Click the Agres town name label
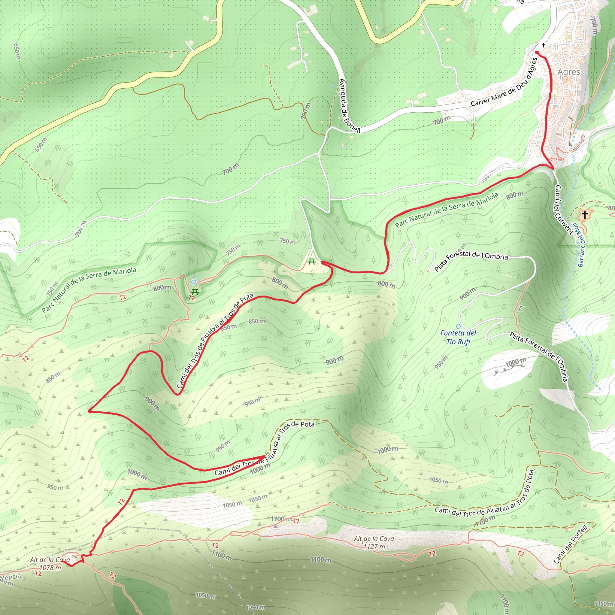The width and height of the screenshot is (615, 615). tap(569, 72)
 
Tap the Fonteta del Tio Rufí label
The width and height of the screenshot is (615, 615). tap(458, 338)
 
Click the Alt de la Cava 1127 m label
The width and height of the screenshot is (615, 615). tap(374, 542)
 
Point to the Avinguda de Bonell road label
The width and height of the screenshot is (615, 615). tap(349, 106)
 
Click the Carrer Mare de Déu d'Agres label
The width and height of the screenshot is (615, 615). tap(504, 83)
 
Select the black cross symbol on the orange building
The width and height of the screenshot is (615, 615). tap(584, 215)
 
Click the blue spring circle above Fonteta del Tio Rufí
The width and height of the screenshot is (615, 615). tap(458, 326)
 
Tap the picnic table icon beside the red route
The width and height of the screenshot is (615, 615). tap(312, 262)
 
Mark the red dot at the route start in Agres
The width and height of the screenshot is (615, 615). tap(537, 52)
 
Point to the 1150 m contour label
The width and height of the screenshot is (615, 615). tap(603, 604)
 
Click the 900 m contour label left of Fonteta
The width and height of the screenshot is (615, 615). tap(467, 294)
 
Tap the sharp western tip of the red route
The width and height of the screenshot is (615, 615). tap(89, 412)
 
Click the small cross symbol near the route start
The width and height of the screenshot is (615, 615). tap(543, 45)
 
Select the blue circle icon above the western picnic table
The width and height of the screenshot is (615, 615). tap(194, 282)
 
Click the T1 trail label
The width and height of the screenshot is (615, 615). tap(521, 308)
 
